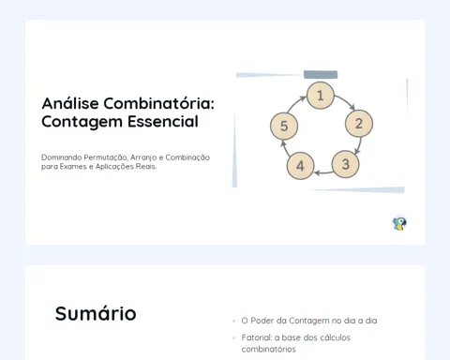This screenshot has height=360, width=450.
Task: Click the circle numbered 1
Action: (321, 96)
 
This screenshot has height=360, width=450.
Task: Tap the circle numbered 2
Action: (359, 124)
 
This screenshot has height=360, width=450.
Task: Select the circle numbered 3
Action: (345, 164)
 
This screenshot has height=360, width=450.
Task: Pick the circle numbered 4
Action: (300, 166)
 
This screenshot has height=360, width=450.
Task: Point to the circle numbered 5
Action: (284, 126)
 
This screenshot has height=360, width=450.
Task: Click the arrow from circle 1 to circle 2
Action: (346, 101)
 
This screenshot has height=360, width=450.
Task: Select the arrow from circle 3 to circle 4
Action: (323, 172)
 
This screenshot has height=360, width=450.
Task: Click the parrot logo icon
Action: (399, 223)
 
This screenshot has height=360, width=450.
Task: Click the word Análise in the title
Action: (70, 103)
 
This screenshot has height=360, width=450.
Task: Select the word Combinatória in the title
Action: (158, 103)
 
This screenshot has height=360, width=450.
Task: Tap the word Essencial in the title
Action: (163, 122)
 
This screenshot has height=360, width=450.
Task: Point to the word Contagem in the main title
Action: (82, 122)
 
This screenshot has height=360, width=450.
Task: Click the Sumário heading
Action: (96, 313)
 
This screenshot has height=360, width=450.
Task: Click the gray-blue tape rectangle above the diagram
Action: (321, 75)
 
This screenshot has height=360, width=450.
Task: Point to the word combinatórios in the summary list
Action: (268, 349)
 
